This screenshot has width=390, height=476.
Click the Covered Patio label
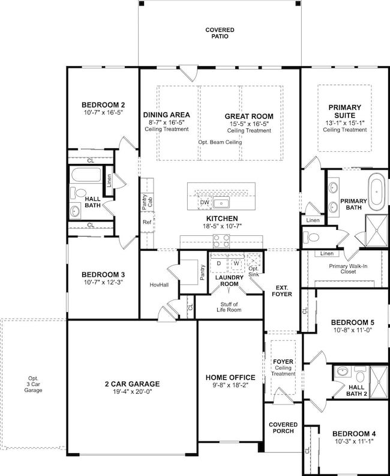click(220, 34)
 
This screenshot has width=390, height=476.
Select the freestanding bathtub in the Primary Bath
click(376, 190)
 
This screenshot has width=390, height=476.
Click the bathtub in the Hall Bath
click(86, 176)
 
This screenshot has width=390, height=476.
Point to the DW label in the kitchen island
click(205, 203)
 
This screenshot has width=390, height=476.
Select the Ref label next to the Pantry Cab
click(146, 222)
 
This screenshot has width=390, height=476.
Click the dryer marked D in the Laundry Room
click(218, 263)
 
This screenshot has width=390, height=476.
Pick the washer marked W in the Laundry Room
click(236, 263)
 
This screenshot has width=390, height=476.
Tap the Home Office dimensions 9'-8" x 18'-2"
click(230, 386)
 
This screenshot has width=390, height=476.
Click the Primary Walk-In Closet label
click(345, 268)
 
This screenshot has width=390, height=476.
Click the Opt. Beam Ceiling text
click(221, 142)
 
